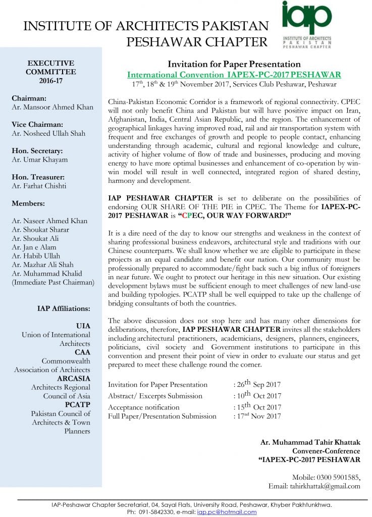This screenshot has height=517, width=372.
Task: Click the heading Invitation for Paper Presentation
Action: (234, 64)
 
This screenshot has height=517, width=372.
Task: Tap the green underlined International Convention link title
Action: (234, 74)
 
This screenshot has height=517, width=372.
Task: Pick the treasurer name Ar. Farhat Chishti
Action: (41, 185)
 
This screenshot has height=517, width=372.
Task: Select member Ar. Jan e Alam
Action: (34, 247)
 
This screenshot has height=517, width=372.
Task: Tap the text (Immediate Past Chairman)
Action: (52, 282)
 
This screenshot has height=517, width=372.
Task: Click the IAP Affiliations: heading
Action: (64, 308)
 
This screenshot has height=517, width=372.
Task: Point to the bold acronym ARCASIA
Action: (74, 378)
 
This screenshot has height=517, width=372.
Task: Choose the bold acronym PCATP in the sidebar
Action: (78, 404)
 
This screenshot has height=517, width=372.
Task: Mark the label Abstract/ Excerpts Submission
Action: (155, 396)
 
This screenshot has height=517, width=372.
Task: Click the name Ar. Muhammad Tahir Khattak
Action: (310, 442)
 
